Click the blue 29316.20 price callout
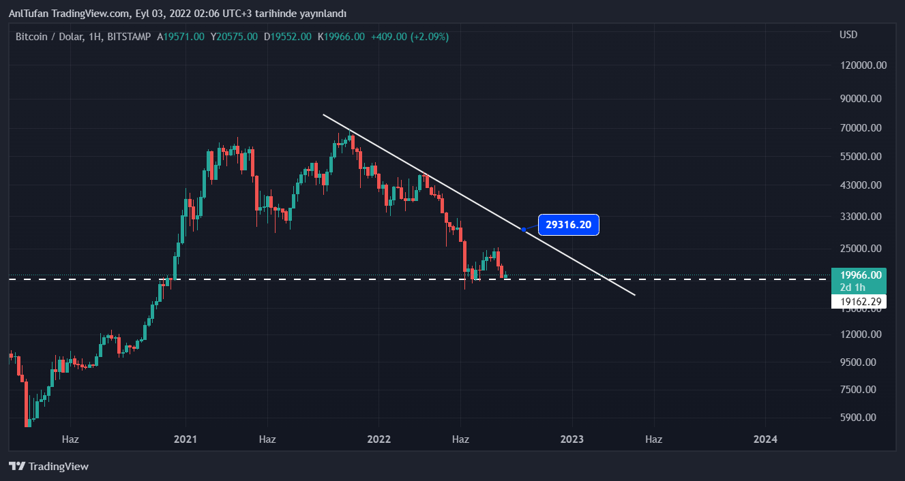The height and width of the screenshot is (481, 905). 568,225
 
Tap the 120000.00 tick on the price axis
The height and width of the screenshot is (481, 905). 863,65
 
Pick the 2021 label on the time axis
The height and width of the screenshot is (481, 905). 186,439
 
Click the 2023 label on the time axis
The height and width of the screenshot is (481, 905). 572,439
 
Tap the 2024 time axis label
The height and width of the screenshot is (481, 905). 766,439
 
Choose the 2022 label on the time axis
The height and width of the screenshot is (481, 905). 379,439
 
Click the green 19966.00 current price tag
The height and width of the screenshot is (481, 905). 861,275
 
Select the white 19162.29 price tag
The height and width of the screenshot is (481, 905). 859,301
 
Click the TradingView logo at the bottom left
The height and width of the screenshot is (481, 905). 48,467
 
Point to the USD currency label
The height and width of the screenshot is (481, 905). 848,35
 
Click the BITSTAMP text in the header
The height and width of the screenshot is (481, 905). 129,37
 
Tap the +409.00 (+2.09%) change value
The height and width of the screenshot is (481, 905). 409,37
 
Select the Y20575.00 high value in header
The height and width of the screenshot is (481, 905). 234,37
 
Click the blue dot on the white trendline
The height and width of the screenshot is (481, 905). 523,229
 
